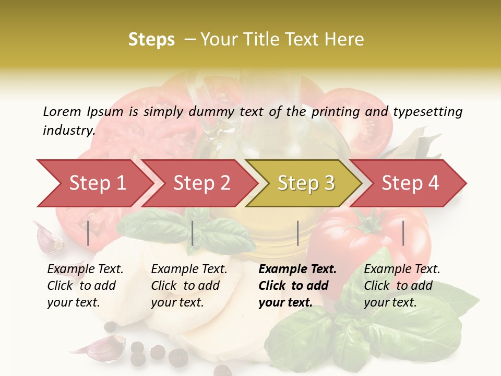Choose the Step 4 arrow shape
point(410,183)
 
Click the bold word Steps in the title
point(151,40)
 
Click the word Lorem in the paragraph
point(62,111)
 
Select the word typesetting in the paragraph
point(427,112)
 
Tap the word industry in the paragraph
point(68,130)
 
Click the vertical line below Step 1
point(88,233)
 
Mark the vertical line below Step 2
point(193,233)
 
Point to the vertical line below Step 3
point(297,233)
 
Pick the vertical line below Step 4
point(403,233)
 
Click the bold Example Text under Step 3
point(297,269)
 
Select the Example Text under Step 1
point(85,269)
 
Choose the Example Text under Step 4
point(402,269)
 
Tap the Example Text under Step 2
point(189,269)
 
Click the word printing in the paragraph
point(336,112)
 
